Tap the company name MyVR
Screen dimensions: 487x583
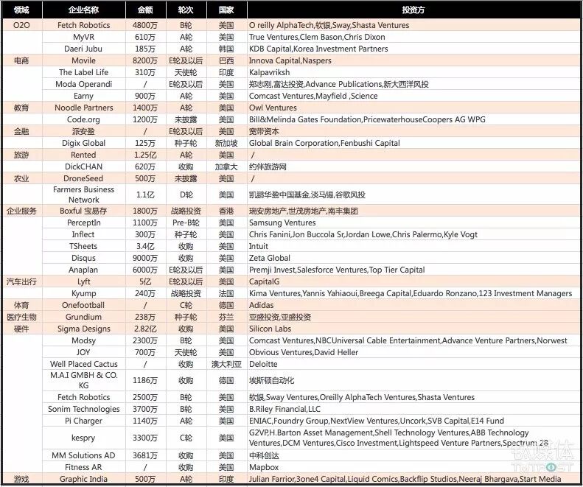83,37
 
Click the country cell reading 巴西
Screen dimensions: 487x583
226,60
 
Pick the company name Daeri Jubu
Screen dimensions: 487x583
83,49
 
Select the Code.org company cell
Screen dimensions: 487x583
83,119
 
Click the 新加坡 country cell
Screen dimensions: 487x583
226,143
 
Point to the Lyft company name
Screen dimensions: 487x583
83,281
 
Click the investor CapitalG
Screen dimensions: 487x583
269,281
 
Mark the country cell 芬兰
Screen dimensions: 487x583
226,317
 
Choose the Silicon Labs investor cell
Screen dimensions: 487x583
270,329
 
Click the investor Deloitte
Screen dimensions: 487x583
264,364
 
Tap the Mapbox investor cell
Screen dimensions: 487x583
264,467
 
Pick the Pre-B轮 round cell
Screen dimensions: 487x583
186,223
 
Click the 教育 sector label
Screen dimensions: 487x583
21,108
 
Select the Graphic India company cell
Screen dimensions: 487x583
83,479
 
